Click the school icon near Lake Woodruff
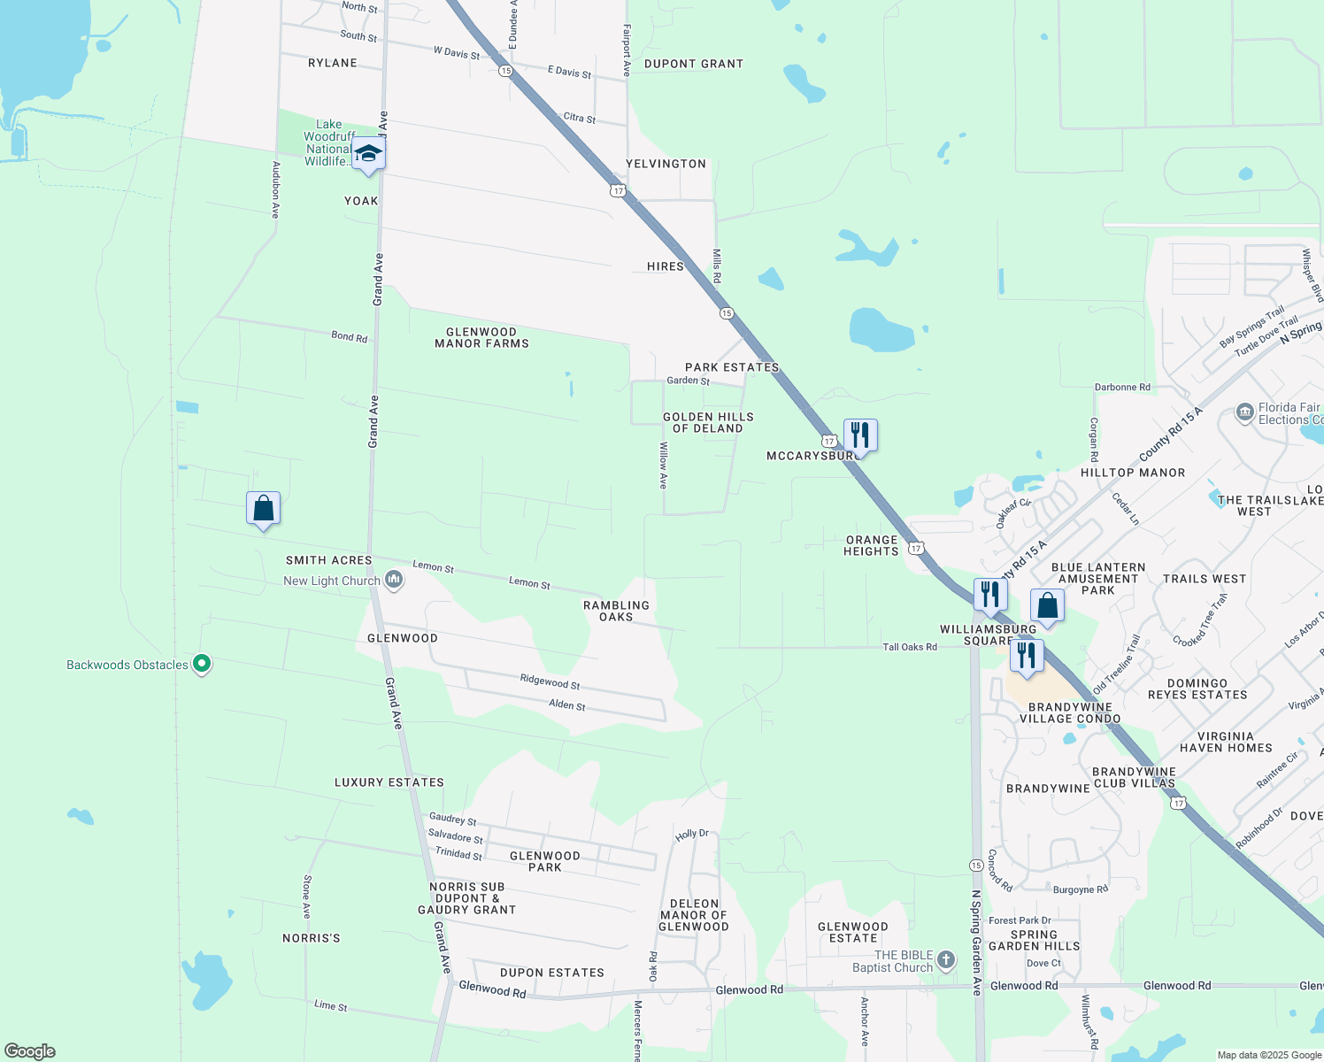click(368, 154)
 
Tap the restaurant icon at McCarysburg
click(860, 435)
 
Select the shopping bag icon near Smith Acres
click(263, 509)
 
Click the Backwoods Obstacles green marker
click(202, 663)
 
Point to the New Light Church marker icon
click(395, 581)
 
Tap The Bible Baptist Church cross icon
click(946, 960)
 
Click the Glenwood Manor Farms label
click(481, 338)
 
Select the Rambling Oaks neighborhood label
click(616, 611)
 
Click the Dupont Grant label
click(694, 64)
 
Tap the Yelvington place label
click(666, 164)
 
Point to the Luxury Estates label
click(389, 782)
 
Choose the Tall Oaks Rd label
click(910, 647)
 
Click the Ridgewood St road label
click(550, 681)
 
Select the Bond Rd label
click(349, 336)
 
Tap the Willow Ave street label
click(663, 466)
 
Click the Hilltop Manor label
click(1133, 473)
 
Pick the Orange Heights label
click(872, 545)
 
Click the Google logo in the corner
click(30, 1051)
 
